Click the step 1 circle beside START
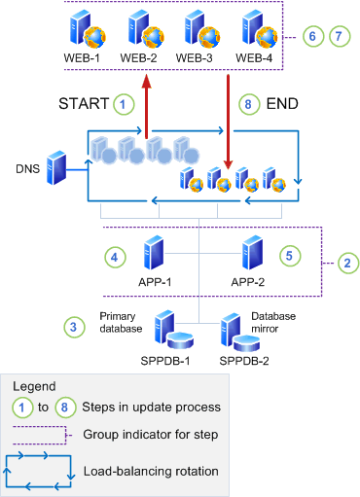(123, 102)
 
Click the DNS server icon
(58, 167)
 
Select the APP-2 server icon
(252, 252)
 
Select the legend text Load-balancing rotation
(151, 470)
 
